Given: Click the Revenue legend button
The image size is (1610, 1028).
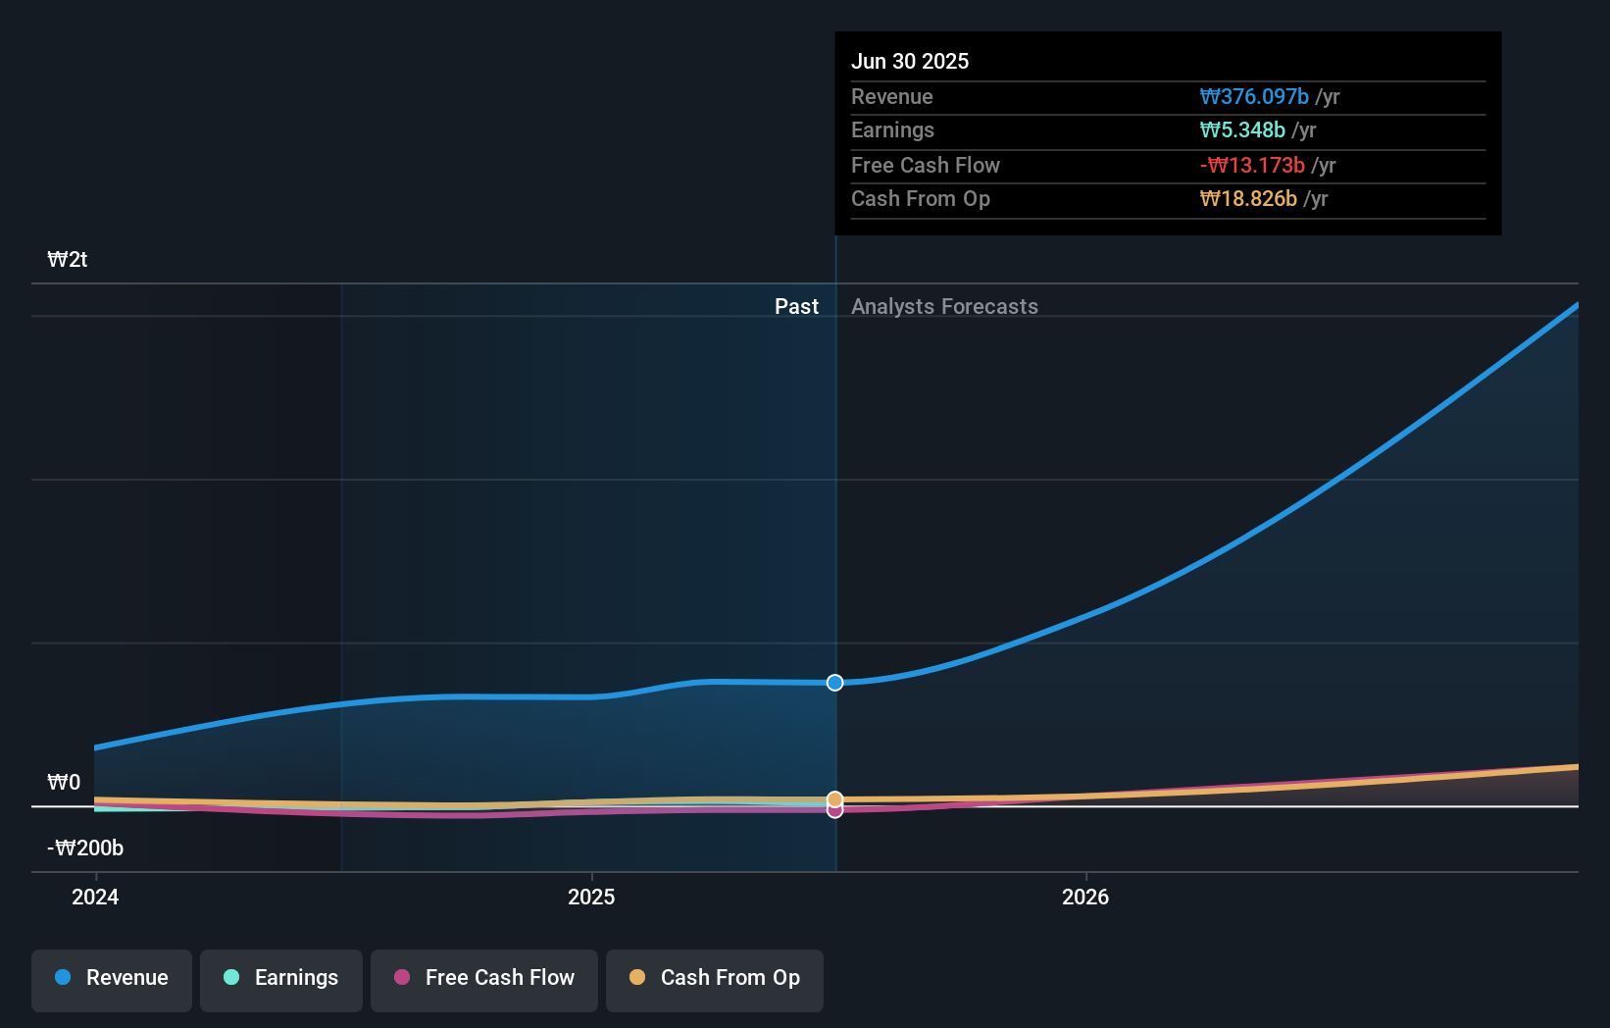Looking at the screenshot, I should pyautogui.click(x=112, y=978).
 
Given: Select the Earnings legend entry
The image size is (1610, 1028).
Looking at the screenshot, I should pyautogui.click(x=281, y=978).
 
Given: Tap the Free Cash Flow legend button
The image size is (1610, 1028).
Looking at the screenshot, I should pyautogui.click(x=484, y=978).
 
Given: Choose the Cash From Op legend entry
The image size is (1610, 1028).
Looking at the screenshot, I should pyautogui.click(x=715, y=978).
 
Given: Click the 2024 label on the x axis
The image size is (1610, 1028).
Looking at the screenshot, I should pyautogui.click(x=95, y=897).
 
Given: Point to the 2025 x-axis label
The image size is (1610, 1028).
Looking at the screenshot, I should pyautogui.click(x=591, y=897).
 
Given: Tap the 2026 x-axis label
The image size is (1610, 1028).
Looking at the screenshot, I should pyautogui.click(x=1085, y=897).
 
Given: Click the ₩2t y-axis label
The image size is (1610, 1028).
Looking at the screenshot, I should pyautogui.click(x=68, y=260).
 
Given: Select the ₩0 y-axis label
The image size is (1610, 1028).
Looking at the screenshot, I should pyautogui.click(x=64, y=783).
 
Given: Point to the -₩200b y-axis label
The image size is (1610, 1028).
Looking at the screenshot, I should pyautogui.click(x=85, y=848).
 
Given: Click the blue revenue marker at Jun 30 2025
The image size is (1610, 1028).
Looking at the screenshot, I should pyautogui.click(x=834, y=683).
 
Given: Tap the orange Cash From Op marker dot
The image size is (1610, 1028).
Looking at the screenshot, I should pyautogui.click(x=834, y=798).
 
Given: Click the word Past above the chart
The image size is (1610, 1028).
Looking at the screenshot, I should pyautogui.click(x=796, y=307).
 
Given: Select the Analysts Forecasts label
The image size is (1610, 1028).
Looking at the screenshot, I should pyautogui.click(x=944, y=307).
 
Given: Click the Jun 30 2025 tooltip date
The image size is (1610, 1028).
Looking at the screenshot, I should pyautogui.click(x=909, y=62).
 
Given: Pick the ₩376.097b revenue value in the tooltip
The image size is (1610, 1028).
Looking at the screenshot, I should pyautogui.click(x=1254, y=97).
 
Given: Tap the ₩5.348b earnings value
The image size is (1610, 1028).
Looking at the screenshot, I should pyautogui.click(x=1242, y=130).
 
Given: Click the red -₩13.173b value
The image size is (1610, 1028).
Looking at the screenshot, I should pyautogui.click(x=1252, y=166).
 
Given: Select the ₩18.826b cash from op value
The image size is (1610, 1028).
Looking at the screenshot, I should pyautogui.click(x=1248, y=199).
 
